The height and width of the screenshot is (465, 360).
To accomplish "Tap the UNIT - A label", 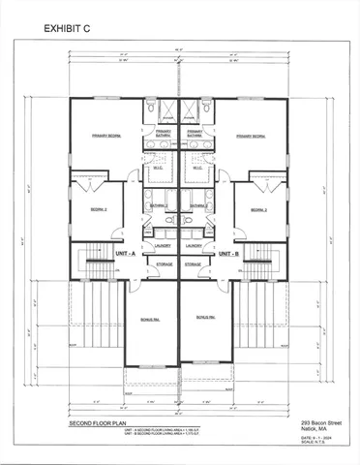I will point(127,253).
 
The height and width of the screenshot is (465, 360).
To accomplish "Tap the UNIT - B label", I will point(227,253).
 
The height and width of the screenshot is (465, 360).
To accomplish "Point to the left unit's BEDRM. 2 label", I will point(99,210).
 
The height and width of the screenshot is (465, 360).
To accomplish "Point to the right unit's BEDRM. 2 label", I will point(257,210).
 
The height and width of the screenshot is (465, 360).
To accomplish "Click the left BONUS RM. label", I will point(135,317).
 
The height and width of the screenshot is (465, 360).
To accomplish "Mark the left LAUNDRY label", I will point(162,246).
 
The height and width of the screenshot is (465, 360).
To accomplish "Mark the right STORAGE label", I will point(194,263).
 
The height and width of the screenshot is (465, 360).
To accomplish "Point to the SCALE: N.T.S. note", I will point(311,445).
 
